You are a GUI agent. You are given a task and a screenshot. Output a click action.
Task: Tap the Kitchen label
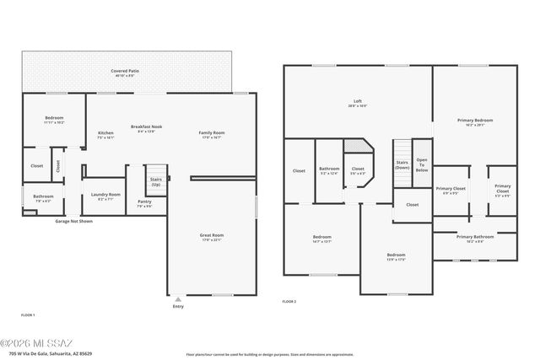tap(105, 134)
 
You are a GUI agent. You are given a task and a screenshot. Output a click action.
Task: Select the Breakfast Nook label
tap(146, 128)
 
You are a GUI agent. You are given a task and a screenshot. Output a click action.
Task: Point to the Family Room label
tap(212, 134)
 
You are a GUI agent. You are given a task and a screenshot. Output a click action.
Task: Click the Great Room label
tap(212, 237)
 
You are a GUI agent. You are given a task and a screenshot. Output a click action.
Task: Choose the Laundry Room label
tap(105, 196)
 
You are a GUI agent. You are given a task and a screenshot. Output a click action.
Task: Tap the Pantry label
tap(144, 203)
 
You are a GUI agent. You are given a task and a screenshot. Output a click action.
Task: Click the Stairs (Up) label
tap(156, 181)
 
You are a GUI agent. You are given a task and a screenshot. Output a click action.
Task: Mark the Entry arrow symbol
tap(177, 298)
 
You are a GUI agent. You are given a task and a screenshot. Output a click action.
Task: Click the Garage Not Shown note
tap(73, 221)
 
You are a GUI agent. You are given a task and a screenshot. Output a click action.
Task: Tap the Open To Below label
tap(422, 164)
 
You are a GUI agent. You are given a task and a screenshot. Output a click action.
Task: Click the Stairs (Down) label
tap(402, 164)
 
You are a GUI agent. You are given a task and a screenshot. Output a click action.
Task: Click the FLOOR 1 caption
tap(28, 314)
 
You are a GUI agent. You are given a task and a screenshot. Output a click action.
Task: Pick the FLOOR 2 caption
tap(289, 301)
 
